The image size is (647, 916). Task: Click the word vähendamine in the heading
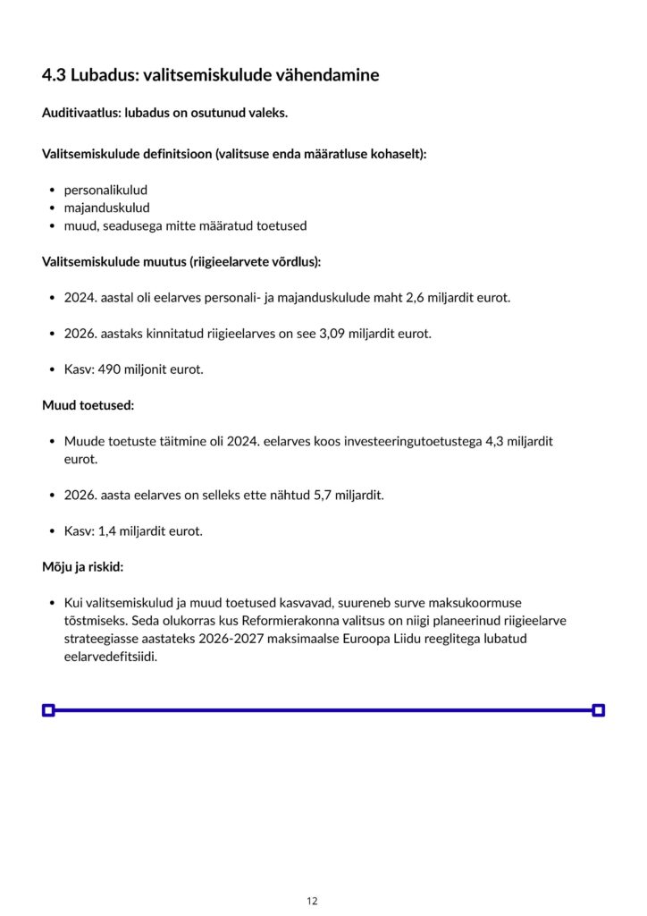coord(330,75)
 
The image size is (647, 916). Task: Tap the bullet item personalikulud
coord(105,190)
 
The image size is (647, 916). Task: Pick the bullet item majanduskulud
coord(106,208)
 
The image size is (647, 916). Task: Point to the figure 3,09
coord(334,334)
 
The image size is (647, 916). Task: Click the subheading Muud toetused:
coord(88,405)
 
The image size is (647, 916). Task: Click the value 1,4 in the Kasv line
coord(107,530)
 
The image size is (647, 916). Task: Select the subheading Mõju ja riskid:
coord(82,567)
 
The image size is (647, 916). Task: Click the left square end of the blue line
coord(48,710)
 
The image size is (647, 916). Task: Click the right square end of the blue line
coord(599,710)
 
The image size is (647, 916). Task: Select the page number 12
coord(312,901)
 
